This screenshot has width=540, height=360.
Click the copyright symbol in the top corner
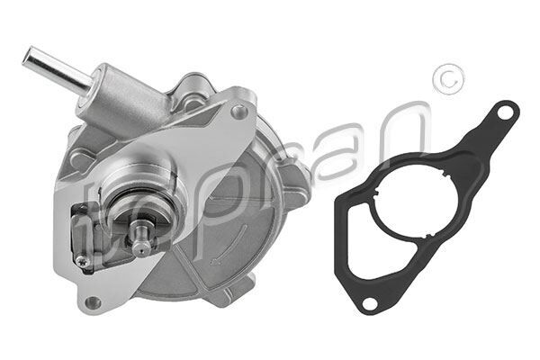(445, 80)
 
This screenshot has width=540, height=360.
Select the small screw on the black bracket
(83, 261)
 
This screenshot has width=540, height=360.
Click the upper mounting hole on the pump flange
(238, 112)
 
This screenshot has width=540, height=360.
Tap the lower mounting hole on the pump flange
(92, 303)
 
